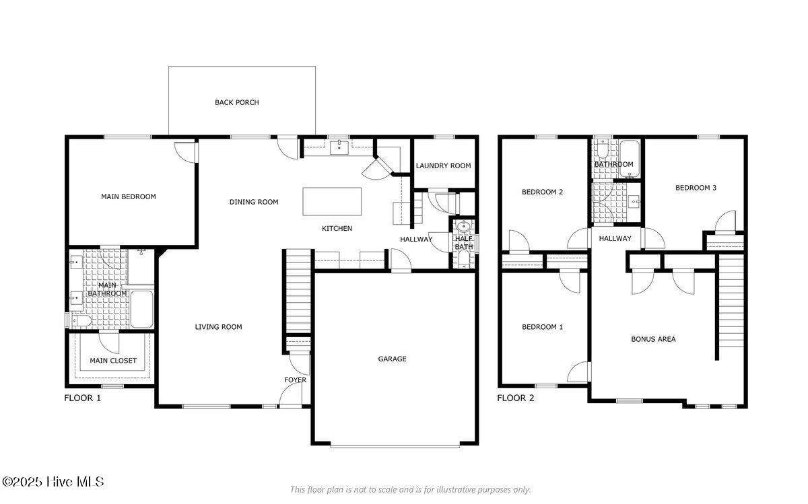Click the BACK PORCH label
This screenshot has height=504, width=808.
[237, 102]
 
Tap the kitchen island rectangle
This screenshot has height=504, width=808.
[332, 201]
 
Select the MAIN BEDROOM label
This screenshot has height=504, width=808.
[129, 197]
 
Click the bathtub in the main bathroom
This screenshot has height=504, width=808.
[141, 309]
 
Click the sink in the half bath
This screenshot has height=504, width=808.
[463, 226]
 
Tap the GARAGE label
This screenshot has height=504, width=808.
[392, 359]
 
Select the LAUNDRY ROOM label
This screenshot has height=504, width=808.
[443, 166]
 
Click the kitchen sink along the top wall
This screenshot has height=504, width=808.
[339, 148]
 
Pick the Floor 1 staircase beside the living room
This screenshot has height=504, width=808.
[298, 291]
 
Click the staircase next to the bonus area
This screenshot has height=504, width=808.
[731, 301]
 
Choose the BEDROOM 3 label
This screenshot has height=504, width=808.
[696, 188]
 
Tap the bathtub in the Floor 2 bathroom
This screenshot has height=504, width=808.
[630, 159]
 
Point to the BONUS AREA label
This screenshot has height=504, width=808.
[653, 339]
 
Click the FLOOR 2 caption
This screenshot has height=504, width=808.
[516, 398]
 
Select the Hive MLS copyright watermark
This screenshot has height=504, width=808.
[53, 482]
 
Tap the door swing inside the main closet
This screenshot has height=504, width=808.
[109, 343]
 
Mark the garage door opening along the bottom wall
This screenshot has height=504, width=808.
[395, 446]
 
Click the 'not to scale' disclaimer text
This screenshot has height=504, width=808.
[411, 490]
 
